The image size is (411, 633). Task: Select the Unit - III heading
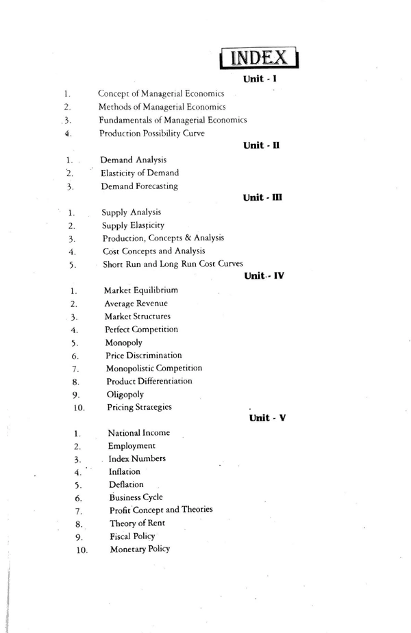263,198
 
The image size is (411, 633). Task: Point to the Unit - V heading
267,418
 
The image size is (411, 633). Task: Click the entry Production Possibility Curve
151,133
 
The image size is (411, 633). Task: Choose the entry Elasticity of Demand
140,173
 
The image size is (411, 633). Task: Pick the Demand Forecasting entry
139,186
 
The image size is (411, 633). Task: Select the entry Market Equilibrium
141,290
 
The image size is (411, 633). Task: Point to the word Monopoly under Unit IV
123,342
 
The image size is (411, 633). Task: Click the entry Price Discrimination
144,355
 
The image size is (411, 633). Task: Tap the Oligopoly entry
125,394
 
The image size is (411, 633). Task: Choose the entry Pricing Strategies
139,407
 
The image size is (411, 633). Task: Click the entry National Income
139,433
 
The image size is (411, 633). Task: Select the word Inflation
124,471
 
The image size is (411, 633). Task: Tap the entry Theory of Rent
136,523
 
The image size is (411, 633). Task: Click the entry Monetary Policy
140,549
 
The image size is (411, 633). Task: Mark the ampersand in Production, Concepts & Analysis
184,238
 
